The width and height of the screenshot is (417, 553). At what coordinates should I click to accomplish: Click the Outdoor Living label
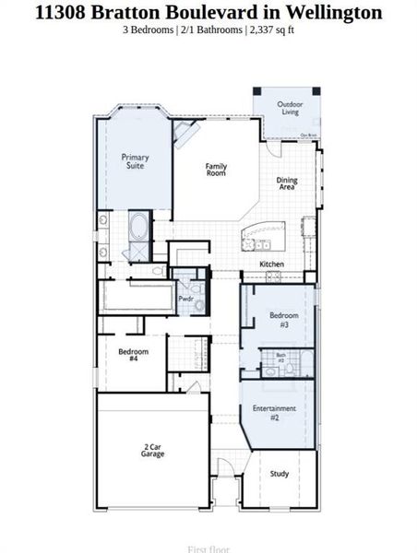coord(289,109)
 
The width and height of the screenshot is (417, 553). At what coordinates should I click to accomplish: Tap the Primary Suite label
coord(136,162)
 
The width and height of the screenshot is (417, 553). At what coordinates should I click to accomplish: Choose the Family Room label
coord(216,170)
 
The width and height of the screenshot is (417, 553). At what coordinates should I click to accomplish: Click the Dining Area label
coord(287,183)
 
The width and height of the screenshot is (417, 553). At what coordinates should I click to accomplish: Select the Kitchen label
coord(271,265)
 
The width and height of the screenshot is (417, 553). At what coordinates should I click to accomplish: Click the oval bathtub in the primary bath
coord(138,226)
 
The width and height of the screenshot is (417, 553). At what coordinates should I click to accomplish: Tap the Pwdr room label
coord(185,299)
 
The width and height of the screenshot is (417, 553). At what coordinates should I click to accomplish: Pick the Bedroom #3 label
coord(280,320)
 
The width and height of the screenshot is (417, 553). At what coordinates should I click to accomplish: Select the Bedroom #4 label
coord(127,354)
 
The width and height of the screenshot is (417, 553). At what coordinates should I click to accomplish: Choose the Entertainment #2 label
coord(275,412)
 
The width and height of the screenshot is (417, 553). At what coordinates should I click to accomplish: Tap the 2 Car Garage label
coord(153,452)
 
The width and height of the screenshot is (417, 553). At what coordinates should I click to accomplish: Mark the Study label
coord(279,474)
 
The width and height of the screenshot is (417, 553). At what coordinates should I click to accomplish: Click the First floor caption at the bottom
coord(208,548)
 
